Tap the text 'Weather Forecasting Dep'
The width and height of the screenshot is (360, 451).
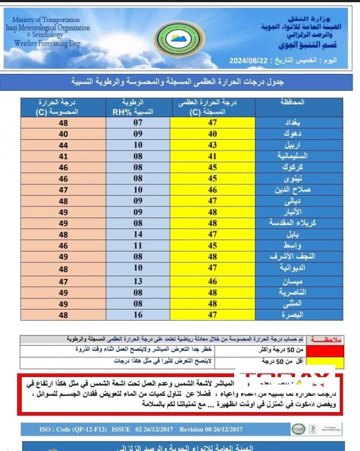47,43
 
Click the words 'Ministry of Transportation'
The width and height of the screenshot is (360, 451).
47,20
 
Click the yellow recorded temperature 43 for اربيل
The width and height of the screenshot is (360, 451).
212,145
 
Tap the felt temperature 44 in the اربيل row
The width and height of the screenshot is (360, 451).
64,145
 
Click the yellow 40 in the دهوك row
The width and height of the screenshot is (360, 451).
212,134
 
